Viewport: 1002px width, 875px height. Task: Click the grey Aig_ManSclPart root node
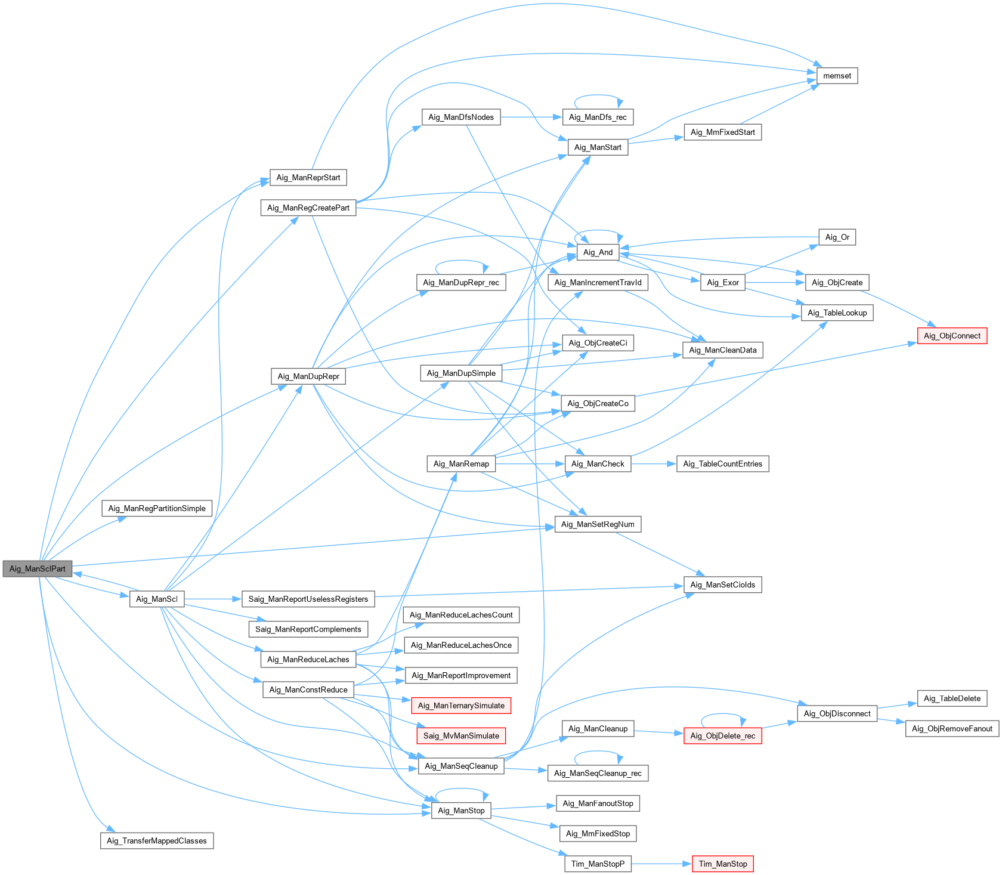[37, 568]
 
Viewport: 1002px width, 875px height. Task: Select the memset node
[837, 76]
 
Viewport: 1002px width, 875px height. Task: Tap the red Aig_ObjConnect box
[952, 336]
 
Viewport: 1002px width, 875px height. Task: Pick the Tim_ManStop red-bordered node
[723, 864]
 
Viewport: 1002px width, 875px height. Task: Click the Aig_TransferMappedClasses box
[157, 840]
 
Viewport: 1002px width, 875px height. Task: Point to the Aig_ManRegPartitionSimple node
[157, 508]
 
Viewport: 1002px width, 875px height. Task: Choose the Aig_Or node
[837, 237]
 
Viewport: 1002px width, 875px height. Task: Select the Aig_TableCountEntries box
[722, 463]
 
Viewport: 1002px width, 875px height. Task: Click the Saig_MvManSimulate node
[461, 735]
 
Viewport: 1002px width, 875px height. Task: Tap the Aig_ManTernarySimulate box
[461, 706]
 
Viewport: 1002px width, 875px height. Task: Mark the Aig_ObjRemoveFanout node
[952, 728]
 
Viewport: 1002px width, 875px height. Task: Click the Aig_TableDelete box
[952, 698]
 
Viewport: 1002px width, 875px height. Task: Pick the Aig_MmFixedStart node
[722, 132]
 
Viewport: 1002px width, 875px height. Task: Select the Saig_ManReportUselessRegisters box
[308, 599]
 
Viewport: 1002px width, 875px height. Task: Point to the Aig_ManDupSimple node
[461, 373]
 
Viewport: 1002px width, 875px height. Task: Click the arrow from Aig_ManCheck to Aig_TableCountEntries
[653, 463]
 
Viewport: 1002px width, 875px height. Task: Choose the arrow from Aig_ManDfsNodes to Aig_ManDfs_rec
[531, 117]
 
